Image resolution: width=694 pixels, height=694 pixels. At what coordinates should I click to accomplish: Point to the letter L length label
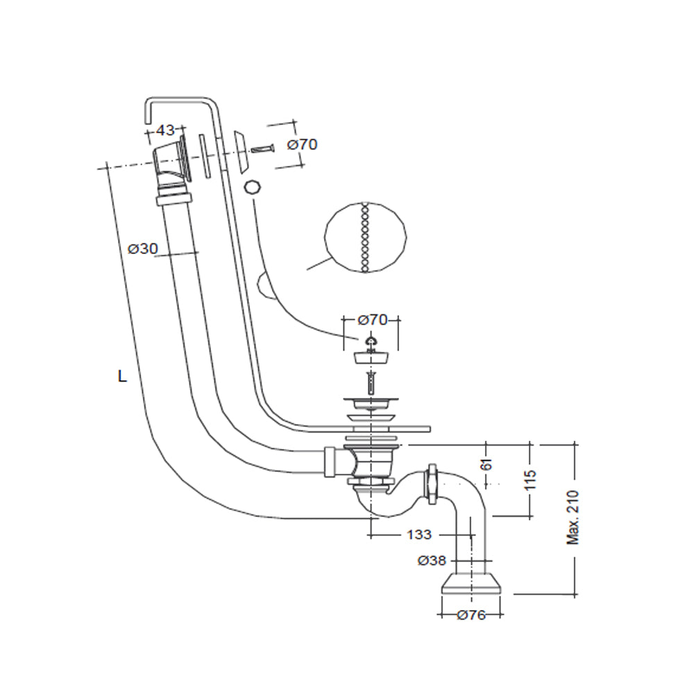122,377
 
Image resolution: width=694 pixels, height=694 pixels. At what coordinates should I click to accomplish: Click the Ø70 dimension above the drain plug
372,320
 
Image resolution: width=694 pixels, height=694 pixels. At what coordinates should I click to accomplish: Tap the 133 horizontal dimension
419,534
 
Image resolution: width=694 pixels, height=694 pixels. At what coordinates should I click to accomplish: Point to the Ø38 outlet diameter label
432,561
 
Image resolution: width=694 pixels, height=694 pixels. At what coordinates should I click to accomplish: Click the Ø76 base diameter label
471,616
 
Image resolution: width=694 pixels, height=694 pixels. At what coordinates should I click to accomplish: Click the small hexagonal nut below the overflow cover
252,187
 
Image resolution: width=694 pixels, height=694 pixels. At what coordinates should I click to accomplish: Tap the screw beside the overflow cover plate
264,148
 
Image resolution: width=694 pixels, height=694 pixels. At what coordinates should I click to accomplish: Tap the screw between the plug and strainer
372,381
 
